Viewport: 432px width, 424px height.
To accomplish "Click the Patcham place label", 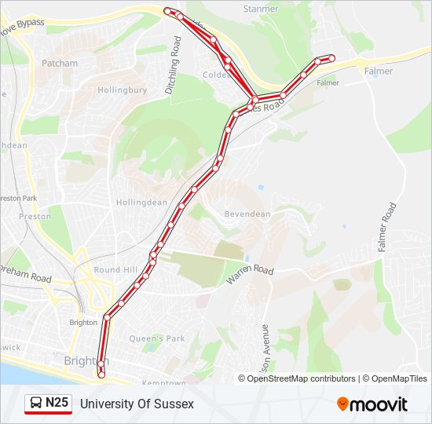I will pyautogui.click(x=60, y=63).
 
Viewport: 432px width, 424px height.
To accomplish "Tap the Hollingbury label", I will pyautogui.click(x=122, y=90).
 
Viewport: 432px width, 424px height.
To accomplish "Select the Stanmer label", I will pyautogui.click(x=261, y=9).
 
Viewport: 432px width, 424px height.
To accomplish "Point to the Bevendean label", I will pyautogui.click(x=247, y=214).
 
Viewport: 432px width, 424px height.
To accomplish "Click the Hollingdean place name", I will pyautogui.click(x=141, y=202).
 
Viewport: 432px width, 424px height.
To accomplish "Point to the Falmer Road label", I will pyautogui.click(x=386, y=228).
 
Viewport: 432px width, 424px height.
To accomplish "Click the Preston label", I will pyautogui.click(x=35, y=216).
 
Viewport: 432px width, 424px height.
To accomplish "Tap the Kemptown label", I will pyautogui.click(x=163, y=382).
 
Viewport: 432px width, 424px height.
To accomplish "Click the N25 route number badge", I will pyautogui.click(x=57, y=404).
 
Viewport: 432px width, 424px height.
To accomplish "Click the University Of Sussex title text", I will pyautogui.click(x=137, y=404).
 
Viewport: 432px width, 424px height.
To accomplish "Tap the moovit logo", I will pyautogui.click(x=372, y=404).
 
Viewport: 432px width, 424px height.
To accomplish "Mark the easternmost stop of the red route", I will pyautogui.click(x=331, y=57).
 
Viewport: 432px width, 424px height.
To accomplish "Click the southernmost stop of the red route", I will pyautogui.click(x=101, y=375).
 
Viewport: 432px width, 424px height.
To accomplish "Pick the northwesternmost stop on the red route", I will pyautogui.click(x=167, y=10).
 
